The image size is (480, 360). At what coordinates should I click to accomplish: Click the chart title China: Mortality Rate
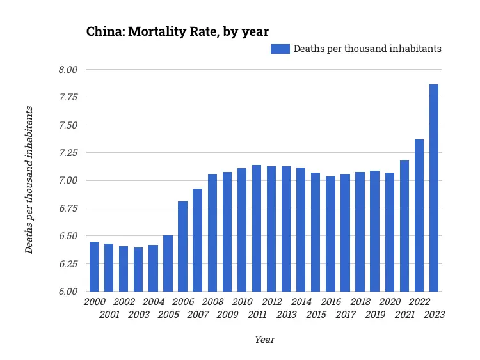[x=177, y=31]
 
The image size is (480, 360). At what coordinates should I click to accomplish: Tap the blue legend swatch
[x=280, y=49]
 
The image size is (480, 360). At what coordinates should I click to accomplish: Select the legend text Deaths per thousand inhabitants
[x=367, y=49]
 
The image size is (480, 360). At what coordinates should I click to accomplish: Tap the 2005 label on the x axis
[x=168, y=314]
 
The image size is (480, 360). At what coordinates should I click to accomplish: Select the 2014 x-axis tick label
[x=301, y=302]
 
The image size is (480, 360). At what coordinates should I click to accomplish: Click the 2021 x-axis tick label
[x=404, y=314]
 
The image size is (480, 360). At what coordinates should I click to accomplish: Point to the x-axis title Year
[x=264, y=340]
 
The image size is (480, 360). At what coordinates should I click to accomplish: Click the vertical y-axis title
[x=29, y=180]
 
